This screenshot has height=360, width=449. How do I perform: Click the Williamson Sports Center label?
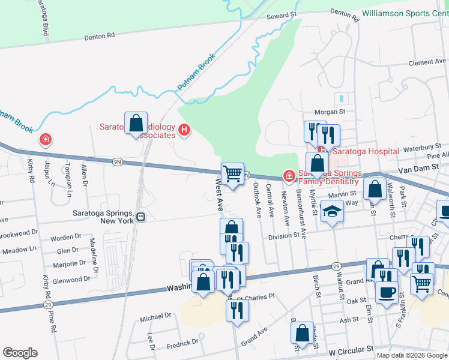pyautogui.click(x=405, y=13)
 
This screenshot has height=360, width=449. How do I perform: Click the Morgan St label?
pyautogui.click(x=331, y=112)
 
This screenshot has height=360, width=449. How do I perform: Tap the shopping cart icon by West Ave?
pyautogui.click(x=232, y=174)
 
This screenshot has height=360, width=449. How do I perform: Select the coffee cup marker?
pyautogui.click(x=387, y=292)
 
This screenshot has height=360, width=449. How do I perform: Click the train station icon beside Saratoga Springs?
pyautogui.click(x=140, y=217)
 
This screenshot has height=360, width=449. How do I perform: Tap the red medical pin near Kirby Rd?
pyautogui.click(x=45, y=140)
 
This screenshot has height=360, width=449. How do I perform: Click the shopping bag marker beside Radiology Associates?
pyautogui.click(x=136, y=124)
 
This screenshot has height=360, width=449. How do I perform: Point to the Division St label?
pyautogui.click(x=283, y=236)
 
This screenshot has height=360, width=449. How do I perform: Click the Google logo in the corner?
pyautogui.click(x=20, y=353)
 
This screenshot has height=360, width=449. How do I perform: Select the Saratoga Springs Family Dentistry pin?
pyautogui.click(x=289, y=176)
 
